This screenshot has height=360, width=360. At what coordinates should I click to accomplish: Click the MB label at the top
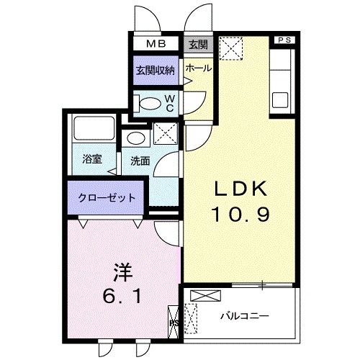click(x=156, y=44)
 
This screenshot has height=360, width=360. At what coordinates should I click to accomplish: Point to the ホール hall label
click(x=198, y=68)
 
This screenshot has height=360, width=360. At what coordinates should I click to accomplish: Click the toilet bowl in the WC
click(x=150, y=102)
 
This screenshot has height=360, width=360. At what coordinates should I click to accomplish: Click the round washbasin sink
click(x=134, y=138)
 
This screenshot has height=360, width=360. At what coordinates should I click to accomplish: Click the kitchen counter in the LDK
click(x=281, y=79)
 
